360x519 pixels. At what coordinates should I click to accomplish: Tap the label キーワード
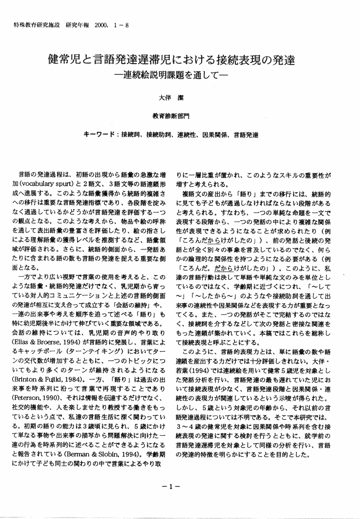tap(100, 135)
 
